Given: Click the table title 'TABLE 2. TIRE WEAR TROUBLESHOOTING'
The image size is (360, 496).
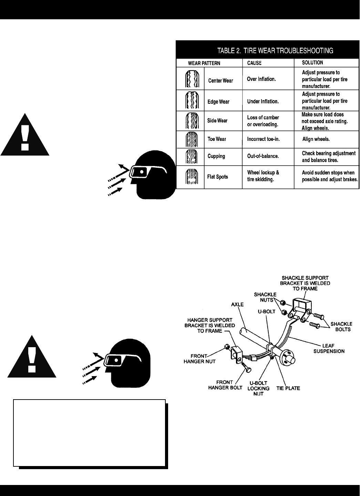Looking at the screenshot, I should click(275, 51).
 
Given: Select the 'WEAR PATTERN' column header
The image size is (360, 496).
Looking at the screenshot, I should click(204, 63).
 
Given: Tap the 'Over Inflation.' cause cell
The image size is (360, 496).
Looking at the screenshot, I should click(261, 79).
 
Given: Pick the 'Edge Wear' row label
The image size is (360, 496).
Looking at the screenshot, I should click(218, 102).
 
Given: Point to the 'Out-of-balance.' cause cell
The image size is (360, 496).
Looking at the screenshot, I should click(263, 156).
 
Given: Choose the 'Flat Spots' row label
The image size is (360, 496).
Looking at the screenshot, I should click(217, 177).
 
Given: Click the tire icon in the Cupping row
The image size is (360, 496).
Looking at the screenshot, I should click(191, 156).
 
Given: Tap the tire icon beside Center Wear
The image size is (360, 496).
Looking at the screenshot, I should click(191, 80).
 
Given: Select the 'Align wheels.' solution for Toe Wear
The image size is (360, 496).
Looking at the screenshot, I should click(316, 139).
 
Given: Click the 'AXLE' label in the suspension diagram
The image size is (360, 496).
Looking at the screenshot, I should click(237, 304).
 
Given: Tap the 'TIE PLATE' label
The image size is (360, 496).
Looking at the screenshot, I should click(288, 388).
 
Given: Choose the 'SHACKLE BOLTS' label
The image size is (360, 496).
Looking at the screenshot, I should click(341, 327).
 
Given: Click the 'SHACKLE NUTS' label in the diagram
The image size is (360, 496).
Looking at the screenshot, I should click(265, 297).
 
